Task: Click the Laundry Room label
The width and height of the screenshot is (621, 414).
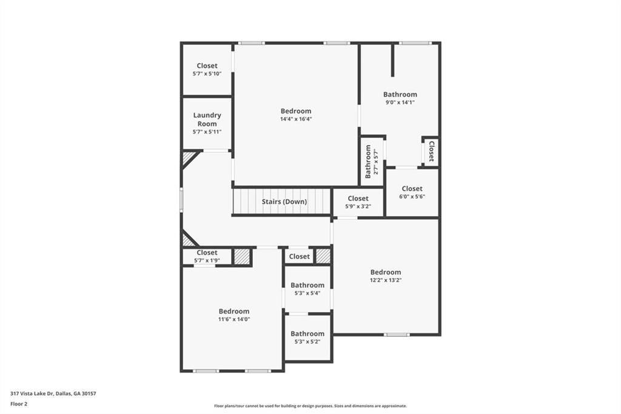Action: point(207,120)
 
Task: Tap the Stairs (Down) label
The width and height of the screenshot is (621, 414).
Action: point(284,202)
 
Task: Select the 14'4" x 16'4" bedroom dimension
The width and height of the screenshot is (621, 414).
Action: point(295,119)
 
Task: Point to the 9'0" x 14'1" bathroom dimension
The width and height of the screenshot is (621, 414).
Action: point(400,103)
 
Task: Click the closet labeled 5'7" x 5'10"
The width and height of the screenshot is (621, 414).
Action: point(207,69)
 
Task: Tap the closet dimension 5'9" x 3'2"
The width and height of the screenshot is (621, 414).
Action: point(358,206)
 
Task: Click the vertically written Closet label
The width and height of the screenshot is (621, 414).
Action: point(431,151)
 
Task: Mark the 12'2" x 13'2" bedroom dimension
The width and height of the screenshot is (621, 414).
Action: point(386,280)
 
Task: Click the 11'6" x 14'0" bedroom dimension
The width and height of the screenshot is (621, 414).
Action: point(234,319)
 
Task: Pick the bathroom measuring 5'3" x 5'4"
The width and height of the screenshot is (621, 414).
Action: point(307,289)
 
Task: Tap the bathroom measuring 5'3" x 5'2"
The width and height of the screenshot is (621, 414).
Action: point(307,338)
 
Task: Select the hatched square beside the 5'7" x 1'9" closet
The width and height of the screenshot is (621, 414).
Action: point(242,257)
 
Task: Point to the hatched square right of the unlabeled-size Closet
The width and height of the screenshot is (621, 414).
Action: point(323,256)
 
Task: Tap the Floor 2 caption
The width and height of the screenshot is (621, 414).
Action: point(19,404)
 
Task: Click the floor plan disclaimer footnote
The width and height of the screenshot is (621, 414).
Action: point(310,406)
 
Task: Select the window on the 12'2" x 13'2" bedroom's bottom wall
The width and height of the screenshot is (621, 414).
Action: point(397,334)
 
